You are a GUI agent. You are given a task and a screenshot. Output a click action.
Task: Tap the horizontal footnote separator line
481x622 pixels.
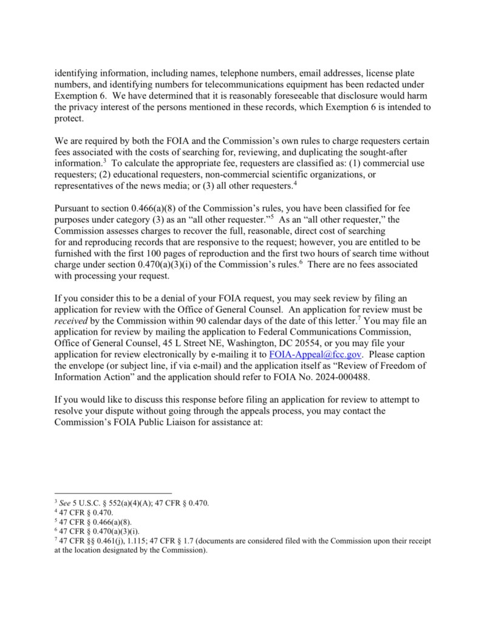pyautogui.click(x=113, y=493)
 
